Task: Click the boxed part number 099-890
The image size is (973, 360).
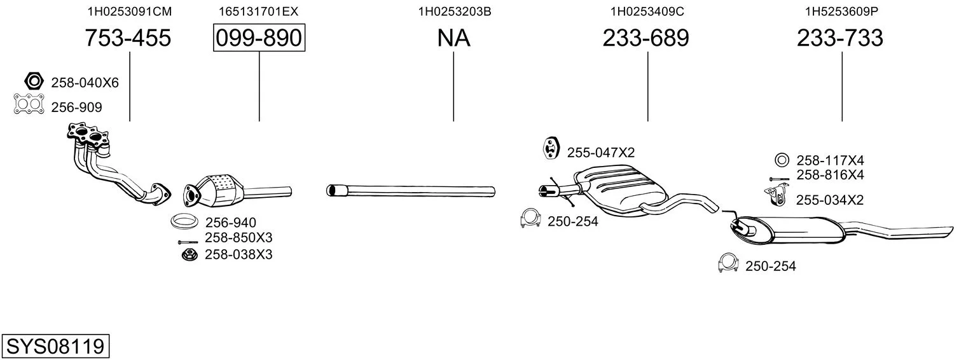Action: click(x=259, y=38)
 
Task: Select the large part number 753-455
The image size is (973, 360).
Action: click(x=128, y=38)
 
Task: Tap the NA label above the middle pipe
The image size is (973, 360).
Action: click(x=453, y=38)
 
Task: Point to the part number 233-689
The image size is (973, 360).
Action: click(x=645, y=38)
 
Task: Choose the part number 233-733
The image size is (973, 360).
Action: click(x=839, y=38)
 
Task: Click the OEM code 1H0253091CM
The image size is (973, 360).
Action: click(x=130, y=11)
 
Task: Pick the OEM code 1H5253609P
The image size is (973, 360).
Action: click(x=841, y=11)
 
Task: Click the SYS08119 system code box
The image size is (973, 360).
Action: click(x=55, y=346)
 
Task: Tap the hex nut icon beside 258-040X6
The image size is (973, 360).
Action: click(x=34, y=81)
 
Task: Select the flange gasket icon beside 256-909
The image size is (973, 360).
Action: click(x=29, y=104)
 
